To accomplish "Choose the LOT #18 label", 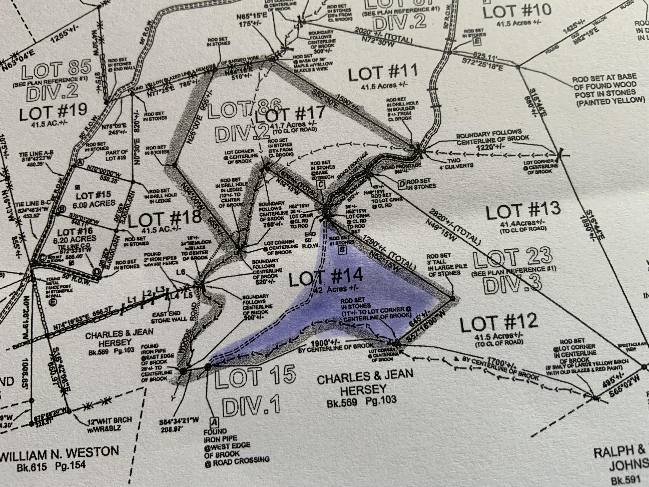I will coord(164,219).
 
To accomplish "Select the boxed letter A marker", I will coord(214,422).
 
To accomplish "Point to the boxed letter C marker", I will coord(321,185).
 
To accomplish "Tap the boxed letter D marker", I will coord(402,184).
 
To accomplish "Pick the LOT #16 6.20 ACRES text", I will coord(77,235).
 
